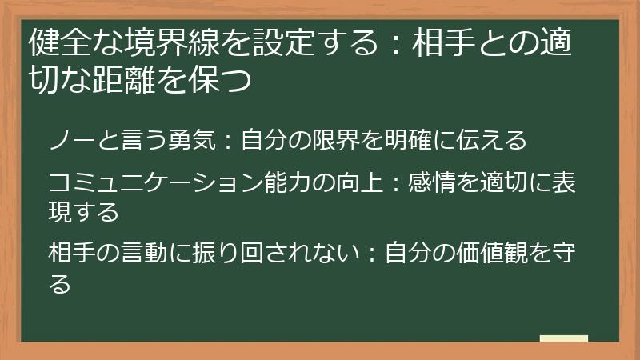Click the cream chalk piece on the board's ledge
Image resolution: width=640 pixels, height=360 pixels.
click(x=563, y=338)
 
